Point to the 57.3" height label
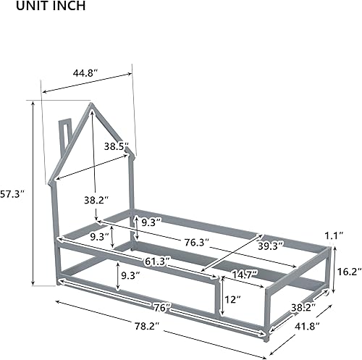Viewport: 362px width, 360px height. tap(13, 194)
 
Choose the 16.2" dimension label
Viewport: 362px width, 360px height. tap(348, 271)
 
